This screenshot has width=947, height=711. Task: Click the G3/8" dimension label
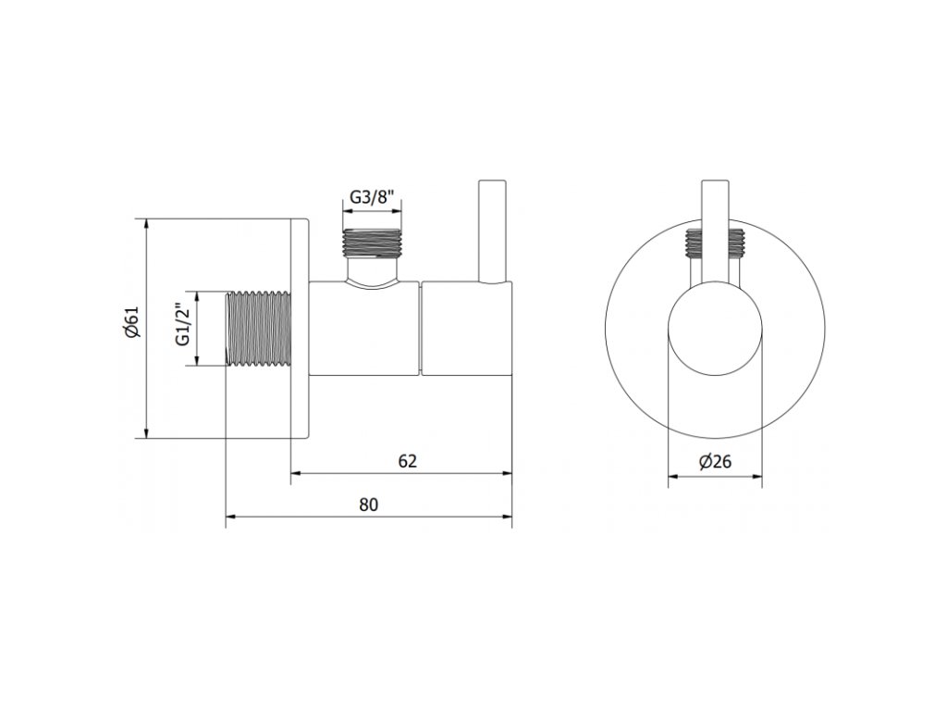coord(372,198)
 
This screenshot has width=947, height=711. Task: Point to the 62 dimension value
coord(408,461)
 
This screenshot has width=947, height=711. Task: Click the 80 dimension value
coord(368,505)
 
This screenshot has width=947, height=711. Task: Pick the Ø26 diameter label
coord(715,462)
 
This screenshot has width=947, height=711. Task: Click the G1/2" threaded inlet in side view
coord(258,329)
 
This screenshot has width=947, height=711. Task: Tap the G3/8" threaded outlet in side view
coord(372,243)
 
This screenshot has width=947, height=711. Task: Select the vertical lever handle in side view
coord(493,231)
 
